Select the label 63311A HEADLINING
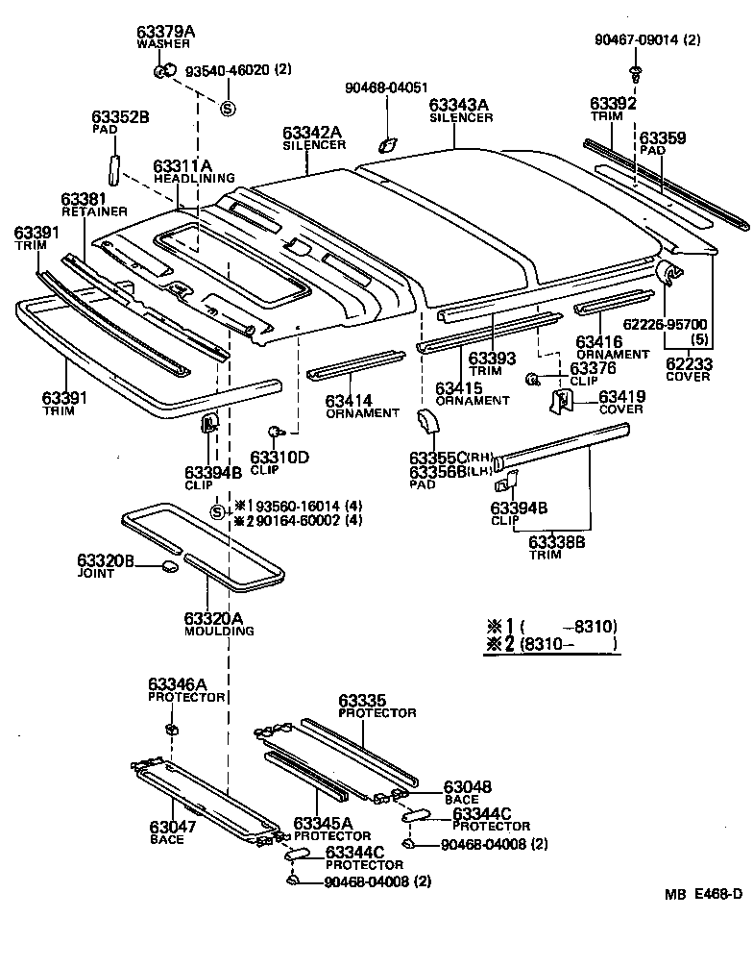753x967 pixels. [193, 172]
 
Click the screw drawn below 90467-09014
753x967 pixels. [635, 73]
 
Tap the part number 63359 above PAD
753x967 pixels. [663, 138]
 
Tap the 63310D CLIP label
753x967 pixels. [279, 462]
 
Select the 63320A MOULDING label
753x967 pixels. [220, 623]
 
